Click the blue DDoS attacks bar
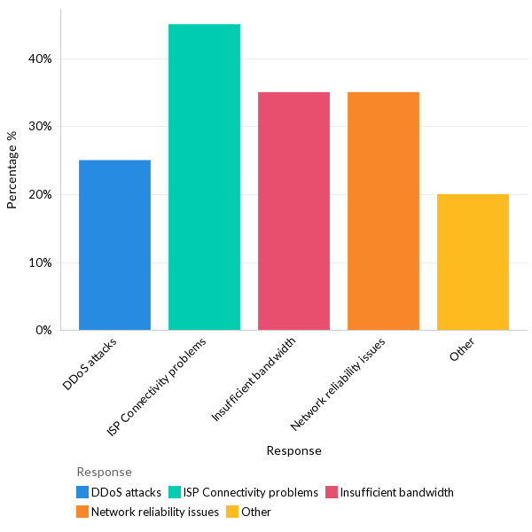point(114,245)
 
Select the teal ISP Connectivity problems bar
point(204,177)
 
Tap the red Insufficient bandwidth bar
point(293,211)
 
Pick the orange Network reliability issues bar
point(383,211)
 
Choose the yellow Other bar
point(473,262)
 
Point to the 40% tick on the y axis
point(41,59)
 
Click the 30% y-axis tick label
point(41,127)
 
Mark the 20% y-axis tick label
point(41,194)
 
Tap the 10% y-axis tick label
point(41,262)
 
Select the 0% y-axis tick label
point(43,330)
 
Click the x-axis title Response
point(293,450)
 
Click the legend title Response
point(104,472)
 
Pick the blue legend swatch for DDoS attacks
point(82,492)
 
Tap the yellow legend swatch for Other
point(232,512)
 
